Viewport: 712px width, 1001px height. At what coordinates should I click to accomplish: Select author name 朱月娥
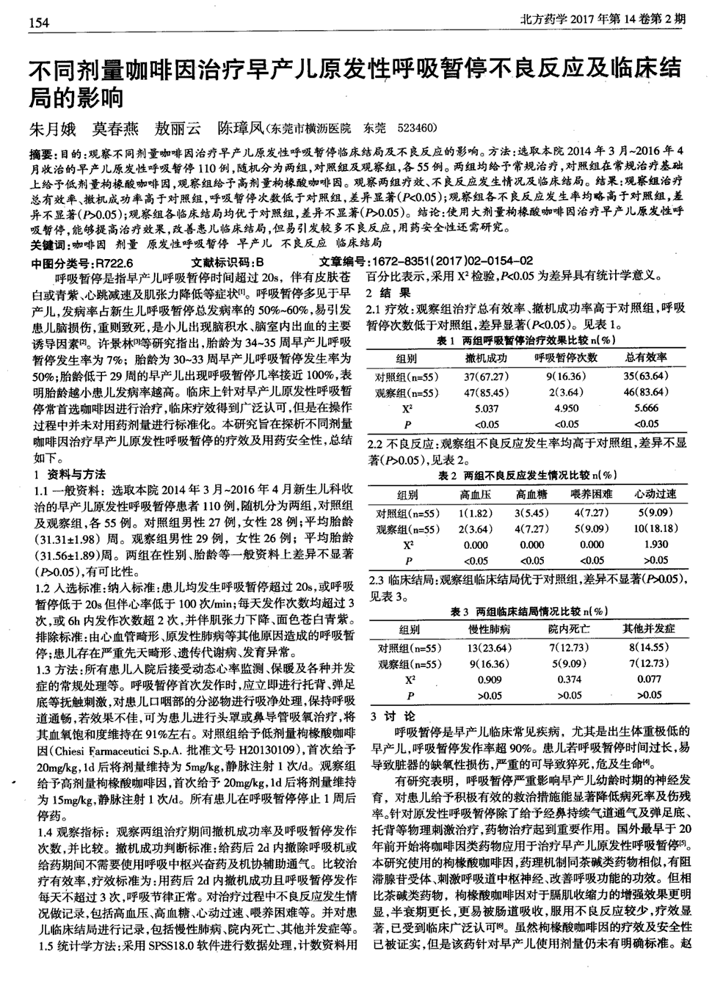[51, 129]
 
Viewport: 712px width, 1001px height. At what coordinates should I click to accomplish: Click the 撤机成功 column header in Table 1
[487, 358]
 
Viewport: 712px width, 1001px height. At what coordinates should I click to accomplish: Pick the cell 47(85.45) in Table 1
[487, 392]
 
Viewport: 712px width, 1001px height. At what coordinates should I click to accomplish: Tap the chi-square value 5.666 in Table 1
[647, 408]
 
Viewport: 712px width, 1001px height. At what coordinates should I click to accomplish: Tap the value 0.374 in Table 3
[570, 680]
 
